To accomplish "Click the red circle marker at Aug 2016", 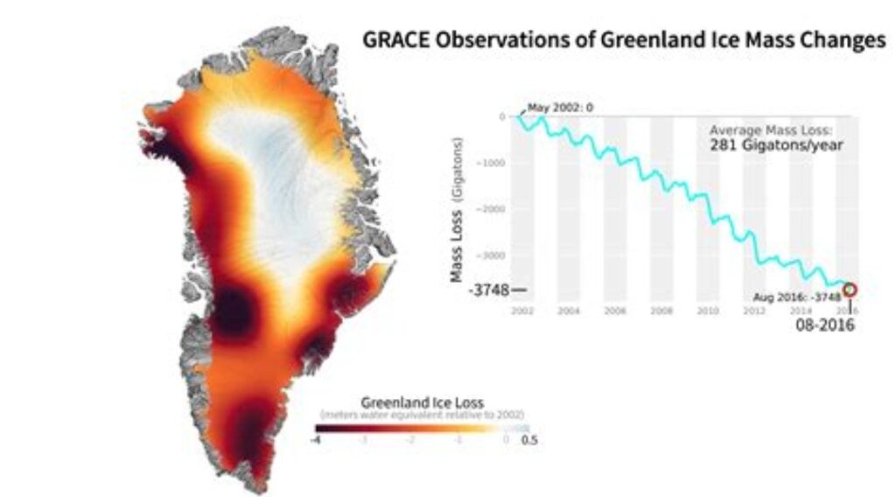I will [850, 290].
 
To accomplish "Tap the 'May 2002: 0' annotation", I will [560, 108].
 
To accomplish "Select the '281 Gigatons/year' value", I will [776, 145].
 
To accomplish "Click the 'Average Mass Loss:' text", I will [773, 130].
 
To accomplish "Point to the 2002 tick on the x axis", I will [521, 311].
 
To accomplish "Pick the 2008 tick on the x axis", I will [661, 311].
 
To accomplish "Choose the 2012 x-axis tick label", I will [754, 311].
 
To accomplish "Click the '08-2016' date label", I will [824, 325].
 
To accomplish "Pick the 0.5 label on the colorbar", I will [529, 440].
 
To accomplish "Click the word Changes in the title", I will [838, 40].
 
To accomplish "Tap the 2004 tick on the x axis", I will [568, 311].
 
